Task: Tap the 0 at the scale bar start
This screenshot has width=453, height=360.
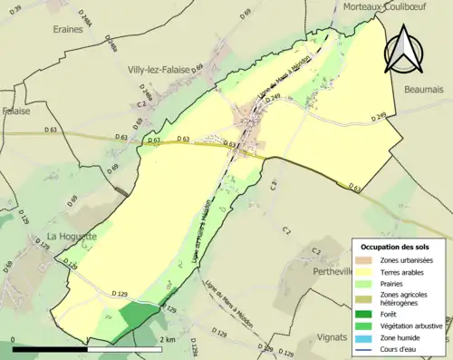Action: point(14,340)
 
